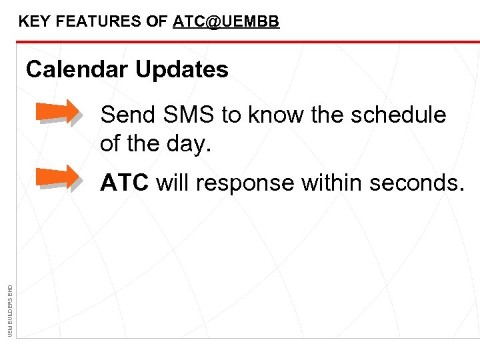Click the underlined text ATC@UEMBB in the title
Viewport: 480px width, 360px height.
tap(226, 21)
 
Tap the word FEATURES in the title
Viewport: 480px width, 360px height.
tap(99, 21)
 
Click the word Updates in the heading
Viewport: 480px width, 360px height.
tap(182, 69)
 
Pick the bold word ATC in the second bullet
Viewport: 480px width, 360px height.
tap(124, 182)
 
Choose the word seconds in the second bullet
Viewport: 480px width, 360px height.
tap(420, 182)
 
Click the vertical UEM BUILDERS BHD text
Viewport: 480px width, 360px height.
tap(9, 309)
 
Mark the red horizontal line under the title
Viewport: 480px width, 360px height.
tap(247, 41)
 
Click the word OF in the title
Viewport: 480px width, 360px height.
tap(157, 21)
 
